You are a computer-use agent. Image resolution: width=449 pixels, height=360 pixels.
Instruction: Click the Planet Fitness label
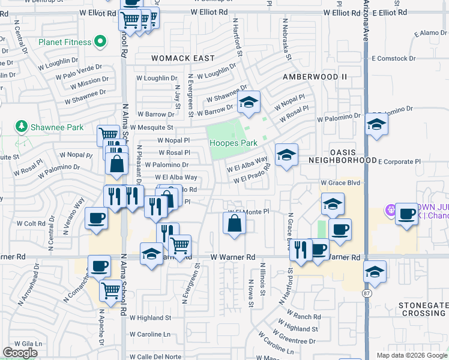[65, 43]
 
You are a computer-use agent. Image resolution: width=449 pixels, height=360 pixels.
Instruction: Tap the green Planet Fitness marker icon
[100, 42]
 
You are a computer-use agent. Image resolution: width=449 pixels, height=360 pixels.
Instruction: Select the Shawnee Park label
[58, 127]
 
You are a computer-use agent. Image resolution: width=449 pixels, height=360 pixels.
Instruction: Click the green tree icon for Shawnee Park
[22, 126]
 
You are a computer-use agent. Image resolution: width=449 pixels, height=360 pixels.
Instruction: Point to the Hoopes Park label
[234, 143]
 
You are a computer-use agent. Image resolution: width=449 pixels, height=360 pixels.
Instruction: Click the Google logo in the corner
[20, 353]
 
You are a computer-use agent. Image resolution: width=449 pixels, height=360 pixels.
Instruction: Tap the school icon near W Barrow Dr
[248, 103]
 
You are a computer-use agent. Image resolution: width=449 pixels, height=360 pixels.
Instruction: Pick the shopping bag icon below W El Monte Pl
[234, 224]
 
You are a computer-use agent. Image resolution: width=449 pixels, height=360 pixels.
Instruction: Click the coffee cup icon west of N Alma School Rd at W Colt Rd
[96, 219]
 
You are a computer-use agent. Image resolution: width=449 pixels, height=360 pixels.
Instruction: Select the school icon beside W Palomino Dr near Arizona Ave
[376, 125]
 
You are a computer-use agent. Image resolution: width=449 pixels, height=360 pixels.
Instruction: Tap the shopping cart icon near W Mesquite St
[108, 135]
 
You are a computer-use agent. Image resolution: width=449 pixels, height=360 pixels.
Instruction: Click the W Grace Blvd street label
[340, 182]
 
